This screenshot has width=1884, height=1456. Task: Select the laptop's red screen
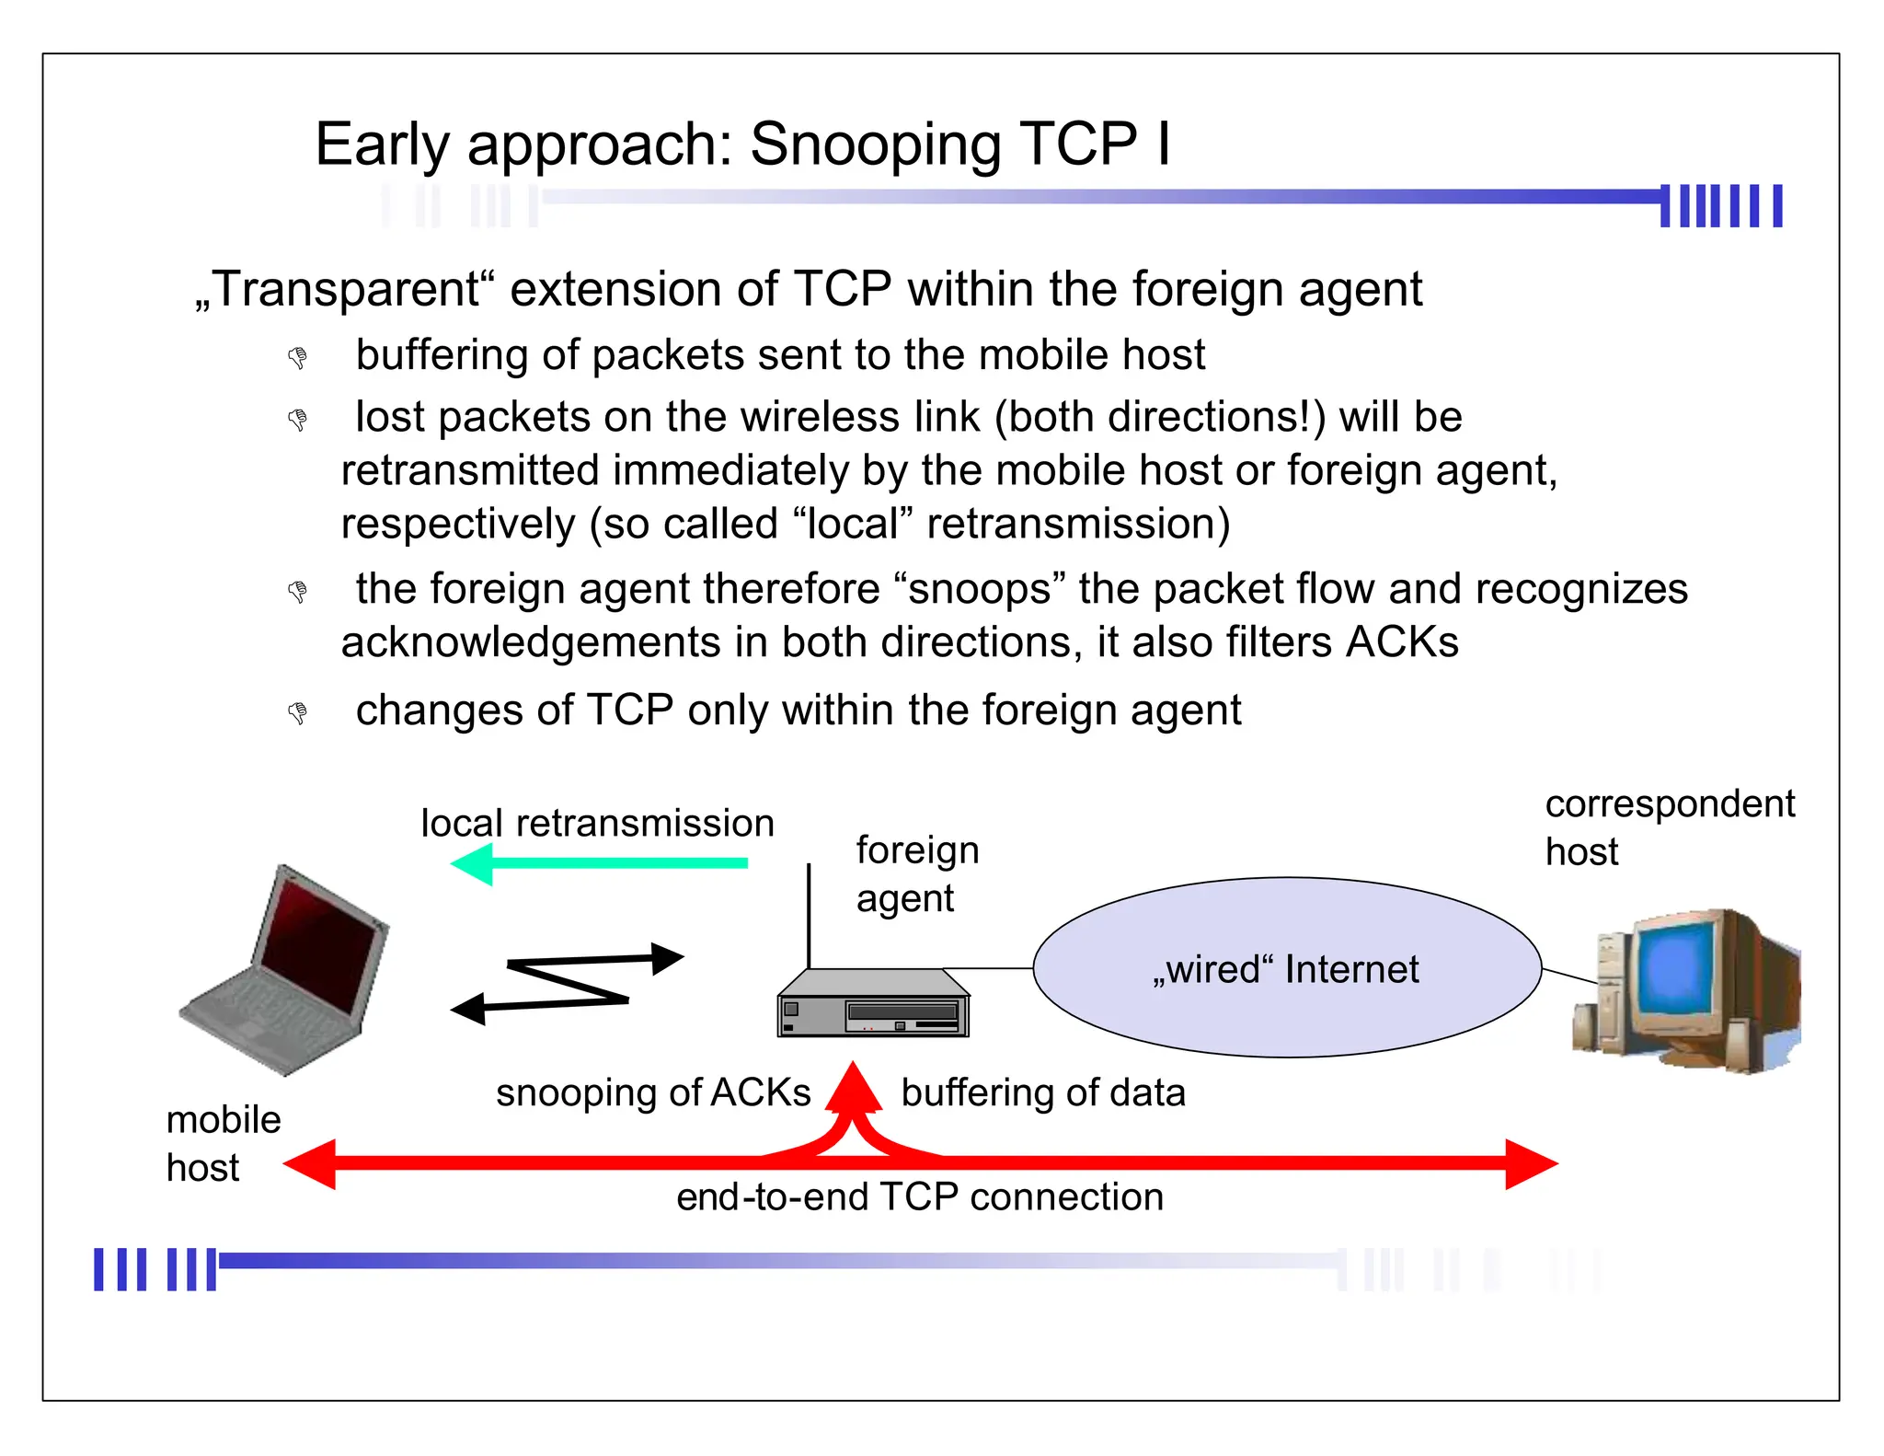click(x=317, y=948)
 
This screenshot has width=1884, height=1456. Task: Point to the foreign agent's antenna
click(x=810, y=916)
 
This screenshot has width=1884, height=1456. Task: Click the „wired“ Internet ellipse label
click(x=1286, y=969)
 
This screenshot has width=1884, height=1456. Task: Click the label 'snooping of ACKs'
click(x=653, y=1092)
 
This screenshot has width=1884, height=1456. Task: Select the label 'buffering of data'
click(x=1043, y=1092)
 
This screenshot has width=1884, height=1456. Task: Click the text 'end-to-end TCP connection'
click(x=920, y=1197)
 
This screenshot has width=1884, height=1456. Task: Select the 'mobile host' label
click(x=223, y=1143)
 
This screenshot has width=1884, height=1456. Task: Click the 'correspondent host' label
click(x=1669, y=826)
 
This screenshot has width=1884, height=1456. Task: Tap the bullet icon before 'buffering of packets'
click(x=297, y=357)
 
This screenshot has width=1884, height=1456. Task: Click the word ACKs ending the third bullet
click(x=1401, y=641)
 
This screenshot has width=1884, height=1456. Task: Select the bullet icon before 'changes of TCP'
click(x=297, y=712)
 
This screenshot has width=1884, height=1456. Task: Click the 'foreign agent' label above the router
click(x=916, y=873)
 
